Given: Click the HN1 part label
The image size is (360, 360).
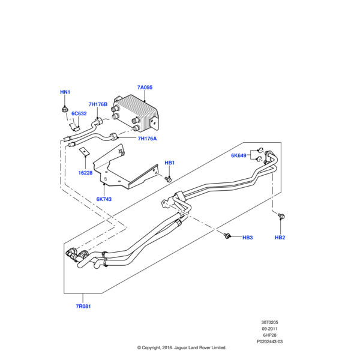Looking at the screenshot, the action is [65, 92].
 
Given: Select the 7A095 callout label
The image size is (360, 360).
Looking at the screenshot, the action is [145, 88].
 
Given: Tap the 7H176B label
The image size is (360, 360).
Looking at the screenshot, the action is [98, 104].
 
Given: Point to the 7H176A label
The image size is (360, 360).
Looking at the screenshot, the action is [147, 139].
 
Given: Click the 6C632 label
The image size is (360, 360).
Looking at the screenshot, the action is [79, 113].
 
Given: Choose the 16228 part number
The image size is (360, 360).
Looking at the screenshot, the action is [85, 173].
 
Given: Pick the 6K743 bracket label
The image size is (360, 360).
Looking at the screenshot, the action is [104, 199].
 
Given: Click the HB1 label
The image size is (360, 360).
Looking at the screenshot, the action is [170, 163].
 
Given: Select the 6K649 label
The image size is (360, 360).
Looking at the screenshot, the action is [239, 155].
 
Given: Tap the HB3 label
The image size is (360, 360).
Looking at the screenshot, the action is [247, 238].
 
